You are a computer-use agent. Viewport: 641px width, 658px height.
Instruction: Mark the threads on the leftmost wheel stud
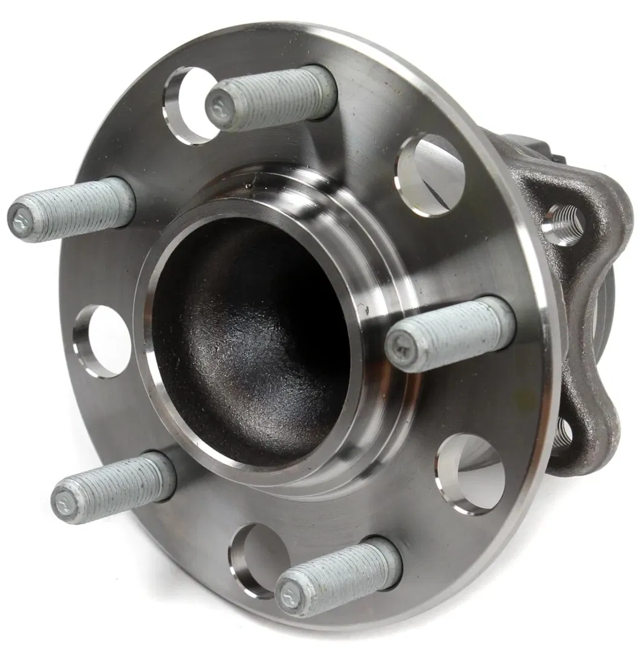pos(79,208)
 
